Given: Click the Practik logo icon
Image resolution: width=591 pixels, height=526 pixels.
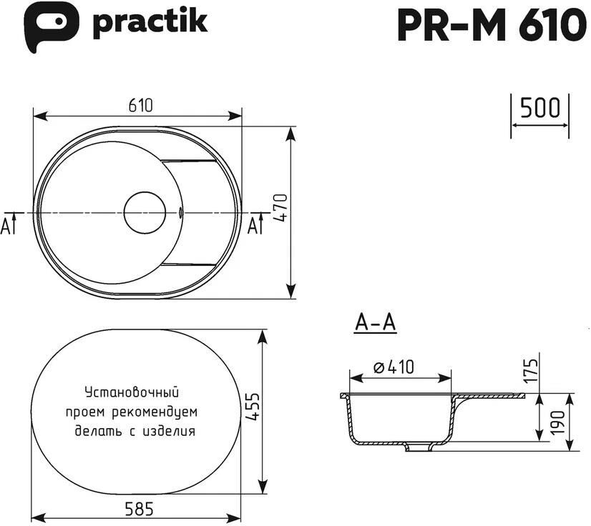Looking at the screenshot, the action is click(51, 26).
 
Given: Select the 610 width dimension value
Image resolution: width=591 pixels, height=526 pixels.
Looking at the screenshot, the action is click(140, 106).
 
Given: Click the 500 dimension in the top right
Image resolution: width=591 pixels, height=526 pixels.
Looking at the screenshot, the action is click(539, 108).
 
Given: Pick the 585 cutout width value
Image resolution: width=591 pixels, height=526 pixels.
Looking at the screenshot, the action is click(140, 509).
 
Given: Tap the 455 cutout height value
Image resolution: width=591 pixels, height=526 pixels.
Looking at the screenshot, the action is click(252, 407).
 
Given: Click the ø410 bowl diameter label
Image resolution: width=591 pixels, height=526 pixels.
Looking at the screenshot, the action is click(394, 367).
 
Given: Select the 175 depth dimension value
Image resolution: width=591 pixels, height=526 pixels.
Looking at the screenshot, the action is click(531, 370).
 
